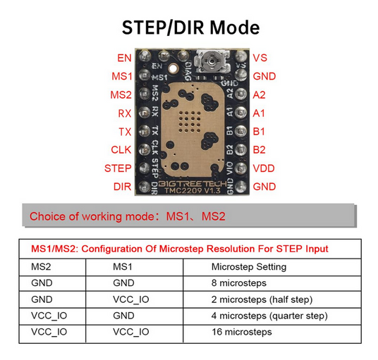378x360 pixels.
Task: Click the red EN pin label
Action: (124, 58)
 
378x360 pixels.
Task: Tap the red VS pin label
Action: (260, 58)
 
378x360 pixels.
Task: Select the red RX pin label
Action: (125, 113)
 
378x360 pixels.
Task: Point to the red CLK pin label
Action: (121, 150)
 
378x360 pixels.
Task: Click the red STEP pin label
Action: (118, 168)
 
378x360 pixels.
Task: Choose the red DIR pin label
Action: (122, 187)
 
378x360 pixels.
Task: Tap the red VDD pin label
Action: (264, 168)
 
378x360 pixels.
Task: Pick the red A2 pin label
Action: (259, 95)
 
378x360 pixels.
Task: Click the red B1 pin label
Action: (259, 132)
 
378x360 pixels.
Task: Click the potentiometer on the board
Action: (212, 62)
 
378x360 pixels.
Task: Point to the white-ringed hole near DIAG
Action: (173, 68)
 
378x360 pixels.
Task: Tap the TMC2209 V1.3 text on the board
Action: (193, 191)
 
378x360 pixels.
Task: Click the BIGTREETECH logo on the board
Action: (193, 184)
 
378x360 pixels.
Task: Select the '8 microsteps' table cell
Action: (239, 283)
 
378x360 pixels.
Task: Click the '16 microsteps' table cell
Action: (242, 332)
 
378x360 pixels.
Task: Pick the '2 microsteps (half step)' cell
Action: (262, 299)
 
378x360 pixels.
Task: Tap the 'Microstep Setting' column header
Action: (249, 267)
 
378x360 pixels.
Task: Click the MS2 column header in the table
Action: (41, 267)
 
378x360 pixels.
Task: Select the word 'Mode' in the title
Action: (235, 27)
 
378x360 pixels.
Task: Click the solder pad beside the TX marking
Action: (145, 131)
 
